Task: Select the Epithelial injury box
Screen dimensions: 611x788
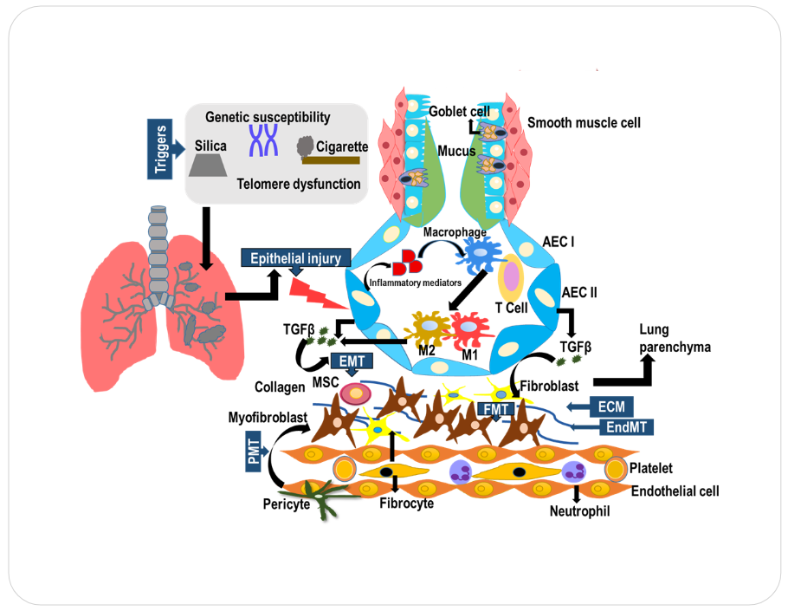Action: point(297,257)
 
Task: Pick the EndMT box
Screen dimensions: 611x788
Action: point(625,426)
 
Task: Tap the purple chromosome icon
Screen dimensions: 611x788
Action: point(262,140)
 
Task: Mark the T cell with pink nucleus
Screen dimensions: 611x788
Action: point(511,276)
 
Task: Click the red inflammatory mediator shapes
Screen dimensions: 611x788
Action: point(406,263)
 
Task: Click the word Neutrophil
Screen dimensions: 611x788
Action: point(579,511)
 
